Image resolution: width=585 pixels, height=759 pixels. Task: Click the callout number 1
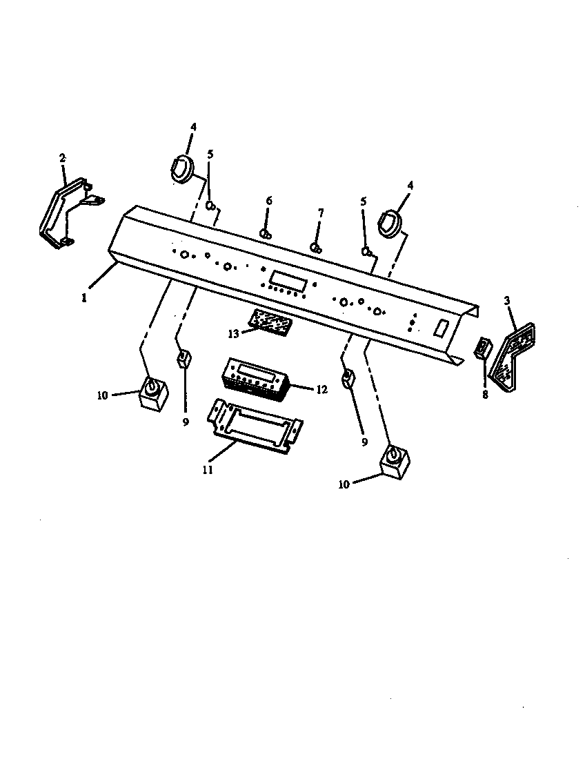coord(83,298)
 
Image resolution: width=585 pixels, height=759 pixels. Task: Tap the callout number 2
coord(63,158)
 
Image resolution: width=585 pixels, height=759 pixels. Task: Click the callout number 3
coord(508,301)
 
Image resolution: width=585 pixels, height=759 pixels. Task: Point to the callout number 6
coord(269,201)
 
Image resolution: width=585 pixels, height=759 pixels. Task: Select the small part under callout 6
coord(266,234)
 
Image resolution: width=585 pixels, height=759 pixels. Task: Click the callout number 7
coord(319,213)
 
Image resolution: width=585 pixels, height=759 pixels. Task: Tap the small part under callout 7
coord(316,247)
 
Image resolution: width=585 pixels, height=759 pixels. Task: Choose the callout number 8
coord(485,395)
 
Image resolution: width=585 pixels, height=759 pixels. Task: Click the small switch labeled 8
coord(484,348)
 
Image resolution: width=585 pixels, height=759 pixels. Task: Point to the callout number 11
coord(208,471)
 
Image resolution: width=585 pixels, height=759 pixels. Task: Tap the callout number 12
coord(321,390)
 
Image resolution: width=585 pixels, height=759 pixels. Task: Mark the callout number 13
coord(235,333)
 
